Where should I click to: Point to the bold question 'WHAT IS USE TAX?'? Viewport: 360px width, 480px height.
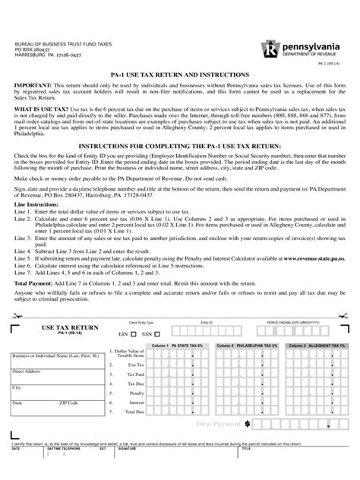(x=44, y=110)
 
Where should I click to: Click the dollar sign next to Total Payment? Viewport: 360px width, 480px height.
(x=248, y=422)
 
